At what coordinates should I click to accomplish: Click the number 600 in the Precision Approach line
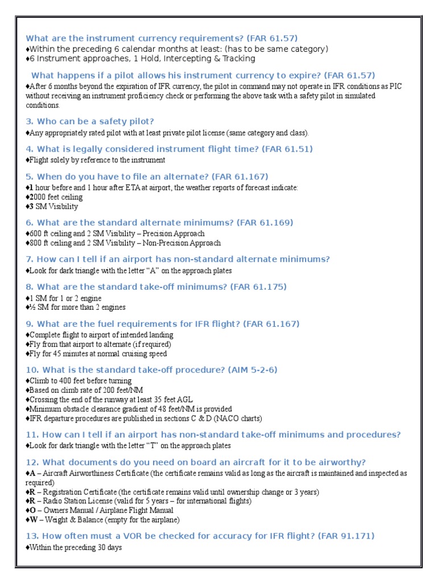click(x=35, y=233)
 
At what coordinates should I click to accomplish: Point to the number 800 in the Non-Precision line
click(x=35, y=243)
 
